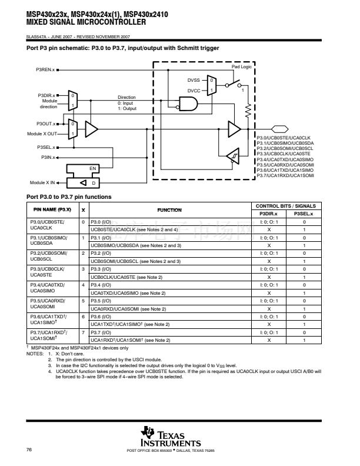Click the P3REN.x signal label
click(45, 70)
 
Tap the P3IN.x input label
click(48, 157)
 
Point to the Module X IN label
click(42, 183)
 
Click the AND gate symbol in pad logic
click(190, 105)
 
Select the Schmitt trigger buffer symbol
click(234, 157)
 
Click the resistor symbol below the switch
click(248, 110)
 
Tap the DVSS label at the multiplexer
click(193, 79)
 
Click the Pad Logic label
click(241, 67)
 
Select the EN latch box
click(92, 169)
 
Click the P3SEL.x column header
click(304, 214)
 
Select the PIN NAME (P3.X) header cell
click(52, 209)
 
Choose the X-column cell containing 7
click(83, 332)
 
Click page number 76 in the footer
click(29, 450)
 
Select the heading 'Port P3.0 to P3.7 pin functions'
click(69, 197)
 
